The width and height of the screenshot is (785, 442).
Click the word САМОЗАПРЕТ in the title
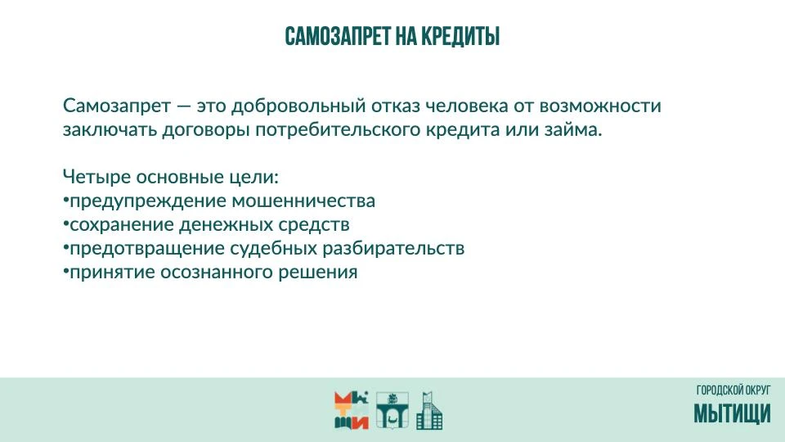[x=338, y=37]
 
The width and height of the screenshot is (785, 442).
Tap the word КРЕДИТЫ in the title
[x=460, y=37]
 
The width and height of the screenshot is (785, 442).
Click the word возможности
[x=599, y=106]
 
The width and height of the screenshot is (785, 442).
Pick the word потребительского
[x=338, y=130]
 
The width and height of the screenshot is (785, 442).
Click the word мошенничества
[x=303, y=201]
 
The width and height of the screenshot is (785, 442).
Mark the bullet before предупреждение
[x=65, y=200]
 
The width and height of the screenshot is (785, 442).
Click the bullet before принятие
[x=65, y=272]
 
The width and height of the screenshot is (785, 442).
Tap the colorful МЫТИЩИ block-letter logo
[x=352, y=410]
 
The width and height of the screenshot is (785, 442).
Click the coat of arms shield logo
[x=392, y=410]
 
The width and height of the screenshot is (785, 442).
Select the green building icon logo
[x=429, y=410]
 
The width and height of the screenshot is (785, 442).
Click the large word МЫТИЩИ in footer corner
[x=732, y=413]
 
